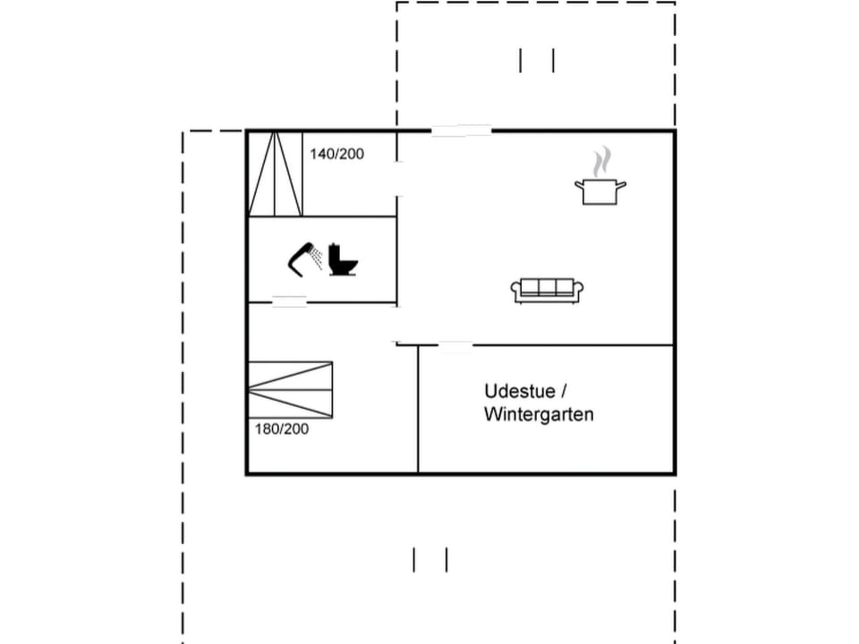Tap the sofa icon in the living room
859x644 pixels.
tap(548, 290)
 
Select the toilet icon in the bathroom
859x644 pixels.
tap(343, 258)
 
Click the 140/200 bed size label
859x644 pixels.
tap(337, 154)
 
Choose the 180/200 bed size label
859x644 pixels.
tap(282, 429)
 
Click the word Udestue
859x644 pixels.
tap(512, 391)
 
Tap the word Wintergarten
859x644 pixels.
tap(539, 415)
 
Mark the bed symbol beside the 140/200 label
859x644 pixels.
tap(276, 174)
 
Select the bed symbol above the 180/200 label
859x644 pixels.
tap(290, 389)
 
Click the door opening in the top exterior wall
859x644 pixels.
tap(461, 131)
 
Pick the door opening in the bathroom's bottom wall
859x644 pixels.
tap(289, 302)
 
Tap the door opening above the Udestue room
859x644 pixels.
tap(455, 345)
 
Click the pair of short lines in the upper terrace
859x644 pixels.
tap(537, 60)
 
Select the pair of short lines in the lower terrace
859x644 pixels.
tap(429, 560)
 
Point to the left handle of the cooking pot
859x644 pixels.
tap(579, 185)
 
